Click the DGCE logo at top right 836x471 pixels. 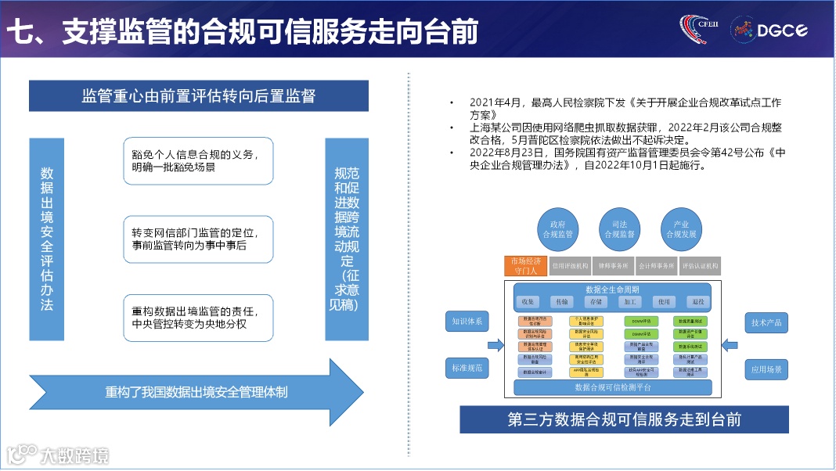[769, 30]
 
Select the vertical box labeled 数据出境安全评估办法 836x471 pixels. [47, 239]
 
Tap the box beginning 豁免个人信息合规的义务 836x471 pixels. [198, 161]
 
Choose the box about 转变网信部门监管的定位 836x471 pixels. [198, 239]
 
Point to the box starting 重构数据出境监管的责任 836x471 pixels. [198, 318]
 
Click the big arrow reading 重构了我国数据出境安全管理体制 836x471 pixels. [196, 391]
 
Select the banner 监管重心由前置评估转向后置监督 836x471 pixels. [198, 96]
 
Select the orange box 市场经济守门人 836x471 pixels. [524, 266]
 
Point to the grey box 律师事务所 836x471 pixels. [613, 266]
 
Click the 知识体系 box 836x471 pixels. [467, 322]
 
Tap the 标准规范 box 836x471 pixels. [467, 367]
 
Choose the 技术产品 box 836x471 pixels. [766, 322]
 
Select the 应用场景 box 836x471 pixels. [766, 369]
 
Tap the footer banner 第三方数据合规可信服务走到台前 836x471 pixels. [624, 419]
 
